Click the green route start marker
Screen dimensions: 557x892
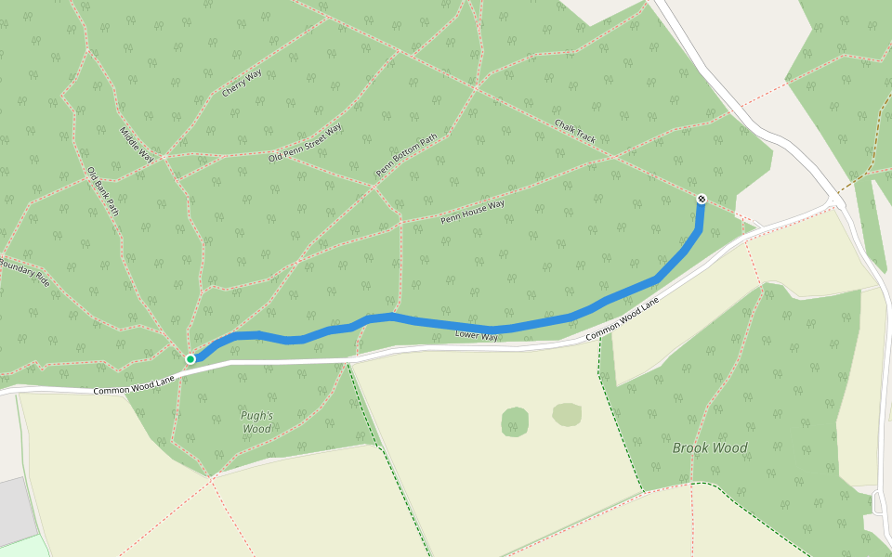[x=190, y=358]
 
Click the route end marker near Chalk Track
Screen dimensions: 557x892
[x=701, y=199]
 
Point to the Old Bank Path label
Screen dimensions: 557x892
[x=103, y=189]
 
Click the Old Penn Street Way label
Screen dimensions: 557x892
[x=305, y=142]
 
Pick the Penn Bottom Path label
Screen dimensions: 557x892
[x=406, y=156]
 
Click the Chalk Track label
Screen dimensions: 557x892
[x=575, y=130]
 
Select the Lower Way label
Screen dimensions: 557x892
[x=477, y=335]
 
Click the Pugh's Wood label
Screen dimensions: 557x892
[x=256, y=422]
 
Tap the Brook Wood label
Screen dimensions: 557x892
[x=710, y=447]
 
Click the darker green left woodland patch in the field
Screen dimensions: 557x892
[x=515, y=421]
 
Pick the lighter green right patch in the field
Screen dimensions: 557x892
[x=567, y=414]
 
